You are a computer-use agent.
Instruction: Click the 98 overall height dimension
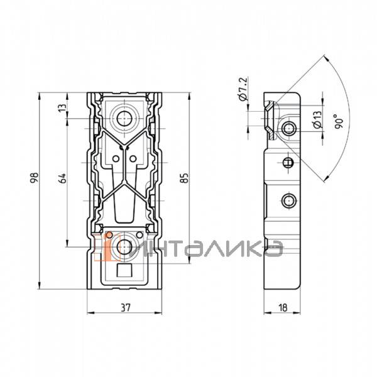(x=35, y=178)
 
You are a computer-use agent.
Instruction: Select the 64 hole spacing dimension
(x=62, y=178)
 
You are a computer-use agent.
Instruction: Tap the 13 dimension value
(x=62, y=107)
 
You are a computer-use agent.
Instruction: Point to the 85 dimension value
(x=185, y=178)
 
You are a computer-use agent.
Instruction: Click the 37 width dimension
(x=125, y=307)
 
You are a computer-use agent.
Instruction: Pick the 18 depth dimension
(x=283, y=307)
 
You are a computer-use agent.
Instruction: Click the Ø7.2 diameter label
(x=243, y=89)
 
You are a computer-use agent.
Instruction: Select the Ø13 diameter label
(x=317, y=120)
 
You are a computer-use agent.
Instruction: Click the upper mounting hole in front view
(x=124, y=118)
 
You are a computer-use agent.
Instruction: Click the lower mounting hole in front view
(x=124, y=247)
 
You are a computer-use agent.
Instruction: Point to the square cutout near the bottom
(x=124, y=270)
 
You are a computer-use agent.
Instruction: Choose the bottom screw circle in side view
(x=289, y=200)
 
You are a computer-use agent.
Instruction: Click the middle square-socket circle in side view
(x=288, y=163)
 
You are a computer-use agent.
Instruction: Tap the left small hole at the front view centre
(x=116, y=159)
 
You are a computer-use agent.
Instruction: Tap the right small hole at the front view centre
(x=133, y=159)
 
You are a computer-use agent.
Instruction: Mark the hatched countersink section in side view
(x=271, y=120)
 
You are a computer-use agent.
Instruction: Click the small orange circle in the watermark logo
(x=109, y=235)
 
